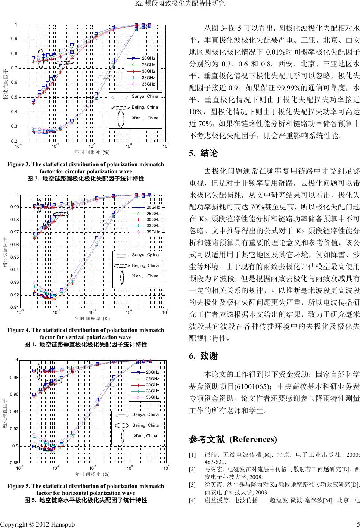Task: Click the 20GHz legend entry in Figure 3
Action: [148, 59]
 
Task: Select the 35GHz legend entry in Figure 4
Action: [153, 232]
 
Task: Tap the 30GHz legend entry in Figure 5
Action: [153, 385]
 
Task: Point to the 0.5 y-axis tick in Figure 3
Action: [13, 97]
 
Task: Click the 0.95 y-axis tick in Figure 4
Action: [13, 257]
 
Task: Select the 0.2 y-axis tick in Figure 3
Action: [13, 141]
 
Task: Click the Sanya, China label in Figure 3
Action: [145, 96]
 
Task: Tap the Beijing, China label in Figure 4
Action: [145, 265]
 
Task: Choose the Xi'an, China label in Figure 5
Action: [145, 436]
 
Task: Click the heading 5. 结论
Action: [204, 153]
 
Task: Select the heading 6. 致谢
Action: [204, 356]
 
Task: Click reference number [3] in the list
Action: [192, 485]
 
